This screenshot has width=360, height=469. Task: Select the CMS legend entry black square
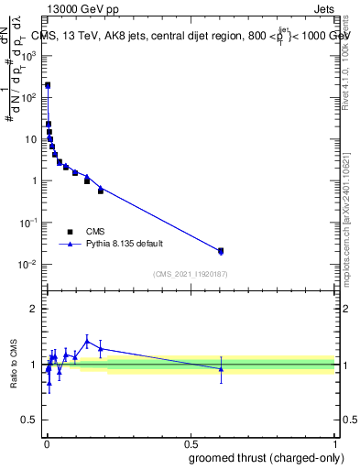click(70, 232)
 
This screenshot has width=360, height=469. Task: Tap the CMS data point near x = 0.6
click(221, 250)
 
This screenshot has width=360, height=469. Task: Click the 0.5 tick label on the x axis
click(191, 443)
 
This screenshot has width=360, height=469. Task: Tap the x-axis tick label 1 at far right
click(334, 443)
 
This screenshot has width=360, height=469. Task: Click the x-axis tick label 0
click(47, 443)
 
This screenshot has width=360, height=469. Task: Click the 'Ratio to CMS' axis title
click(15, 364)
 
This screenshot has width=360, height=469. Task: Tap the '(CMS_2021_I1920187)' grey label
click(190, 273)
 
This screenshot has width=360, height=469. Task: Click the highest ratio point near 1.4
click(87, 341)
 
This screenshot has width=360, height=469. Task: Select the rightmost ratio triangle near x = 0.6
click(221, 368)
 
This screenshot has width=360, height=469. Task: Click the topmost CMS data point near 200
click(48, 85)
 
